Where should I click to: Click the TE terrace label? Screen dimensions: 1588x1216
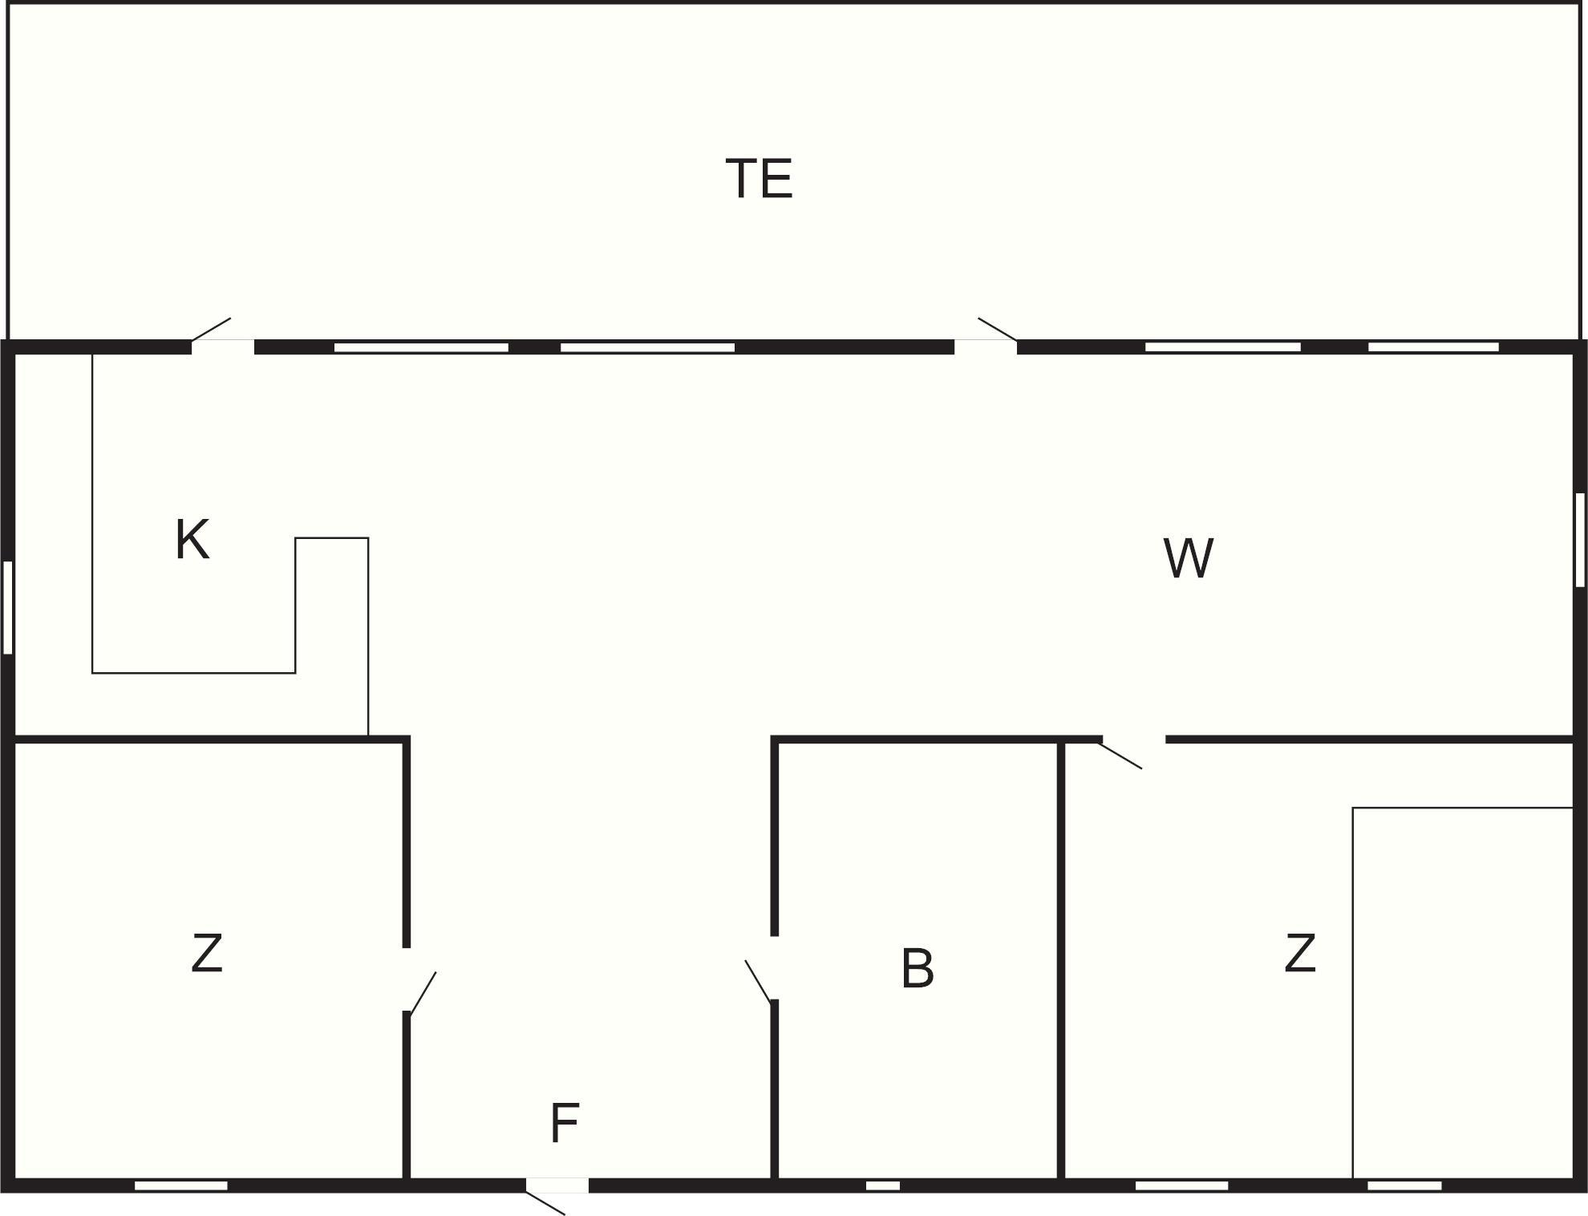coord(759,178)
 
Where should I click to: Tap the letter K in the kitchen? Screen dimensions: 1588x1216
coord(192,539)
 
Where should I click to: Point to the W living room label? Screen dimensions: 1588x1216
coord(1188,558)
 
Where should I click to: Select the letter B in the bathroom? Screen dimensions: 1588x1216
coord(918,968)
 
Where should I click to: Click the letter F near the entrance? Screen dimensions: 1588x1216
coord(564,1123)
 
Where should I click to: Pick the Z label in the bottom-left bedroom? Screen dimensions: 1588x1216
coord(207,953)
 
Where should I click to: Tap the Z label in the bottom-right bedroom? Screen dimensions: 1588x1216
coord(1300,953)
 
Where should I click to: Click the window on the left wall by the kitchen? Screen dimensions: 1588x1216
coord(8,607)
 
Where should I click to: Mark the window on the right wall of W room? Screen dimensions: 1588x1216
coord(1580,540)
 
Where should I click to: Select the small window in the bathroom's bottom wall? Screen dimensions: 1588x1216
coord(882,1186)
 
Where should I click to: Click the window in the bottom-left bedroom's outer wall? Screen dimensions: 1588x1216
coord(181,1186)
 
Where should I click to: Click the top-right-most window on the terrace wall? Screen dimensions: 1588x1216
coord(1433,347)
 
